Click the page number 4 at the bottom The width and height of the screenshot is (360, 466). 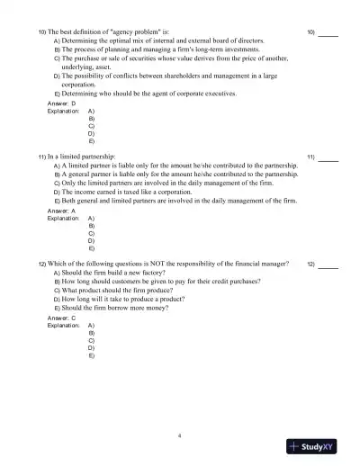180,433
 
